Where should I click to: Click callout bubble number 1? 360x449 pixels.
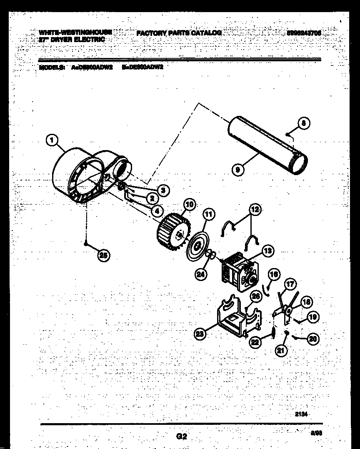tap(51, 141)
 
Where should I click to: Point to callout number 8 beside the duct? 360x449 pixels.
tap(304, 123)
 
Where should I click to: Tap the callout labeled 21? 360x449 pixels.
tap(281, 351)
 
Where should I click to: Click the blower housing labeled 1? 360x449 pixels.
tap(79, 175)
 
